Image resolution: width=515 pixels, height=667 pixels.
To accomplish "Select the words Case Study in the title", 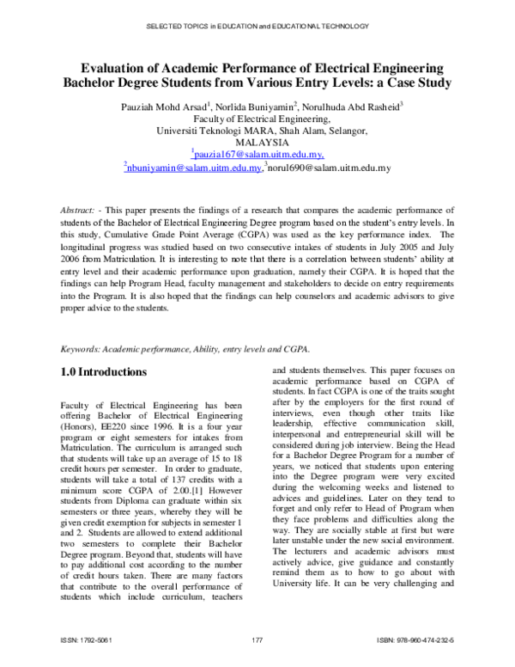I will [x=419, y=84].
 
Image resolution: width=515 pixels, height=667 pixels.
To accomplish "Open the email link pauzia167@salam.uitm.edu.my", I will [x=257, y=155].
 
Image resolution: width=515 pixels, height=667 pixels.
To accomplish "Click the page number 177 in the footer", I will [x=257, y=640].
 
